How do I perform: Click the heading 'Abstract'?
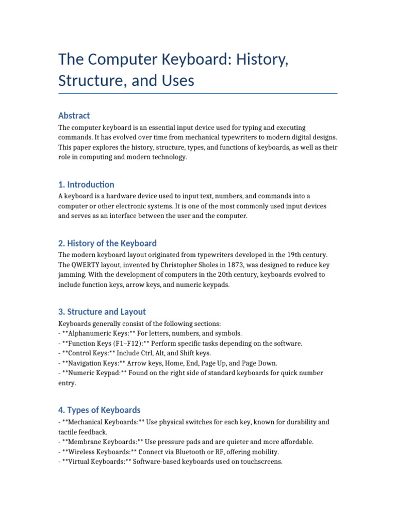(x=74, y=116)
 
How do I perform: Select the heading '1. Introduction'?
(x=86, y=184)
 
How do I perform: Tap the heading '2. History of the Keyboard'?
(x=107, y=243)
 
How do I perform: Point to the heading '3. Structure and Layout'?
(x=102, y=312)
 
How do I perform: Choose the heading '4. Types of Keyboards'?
(x=99, y=410)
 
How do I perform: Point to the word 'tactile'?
(x=69, y=432)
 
